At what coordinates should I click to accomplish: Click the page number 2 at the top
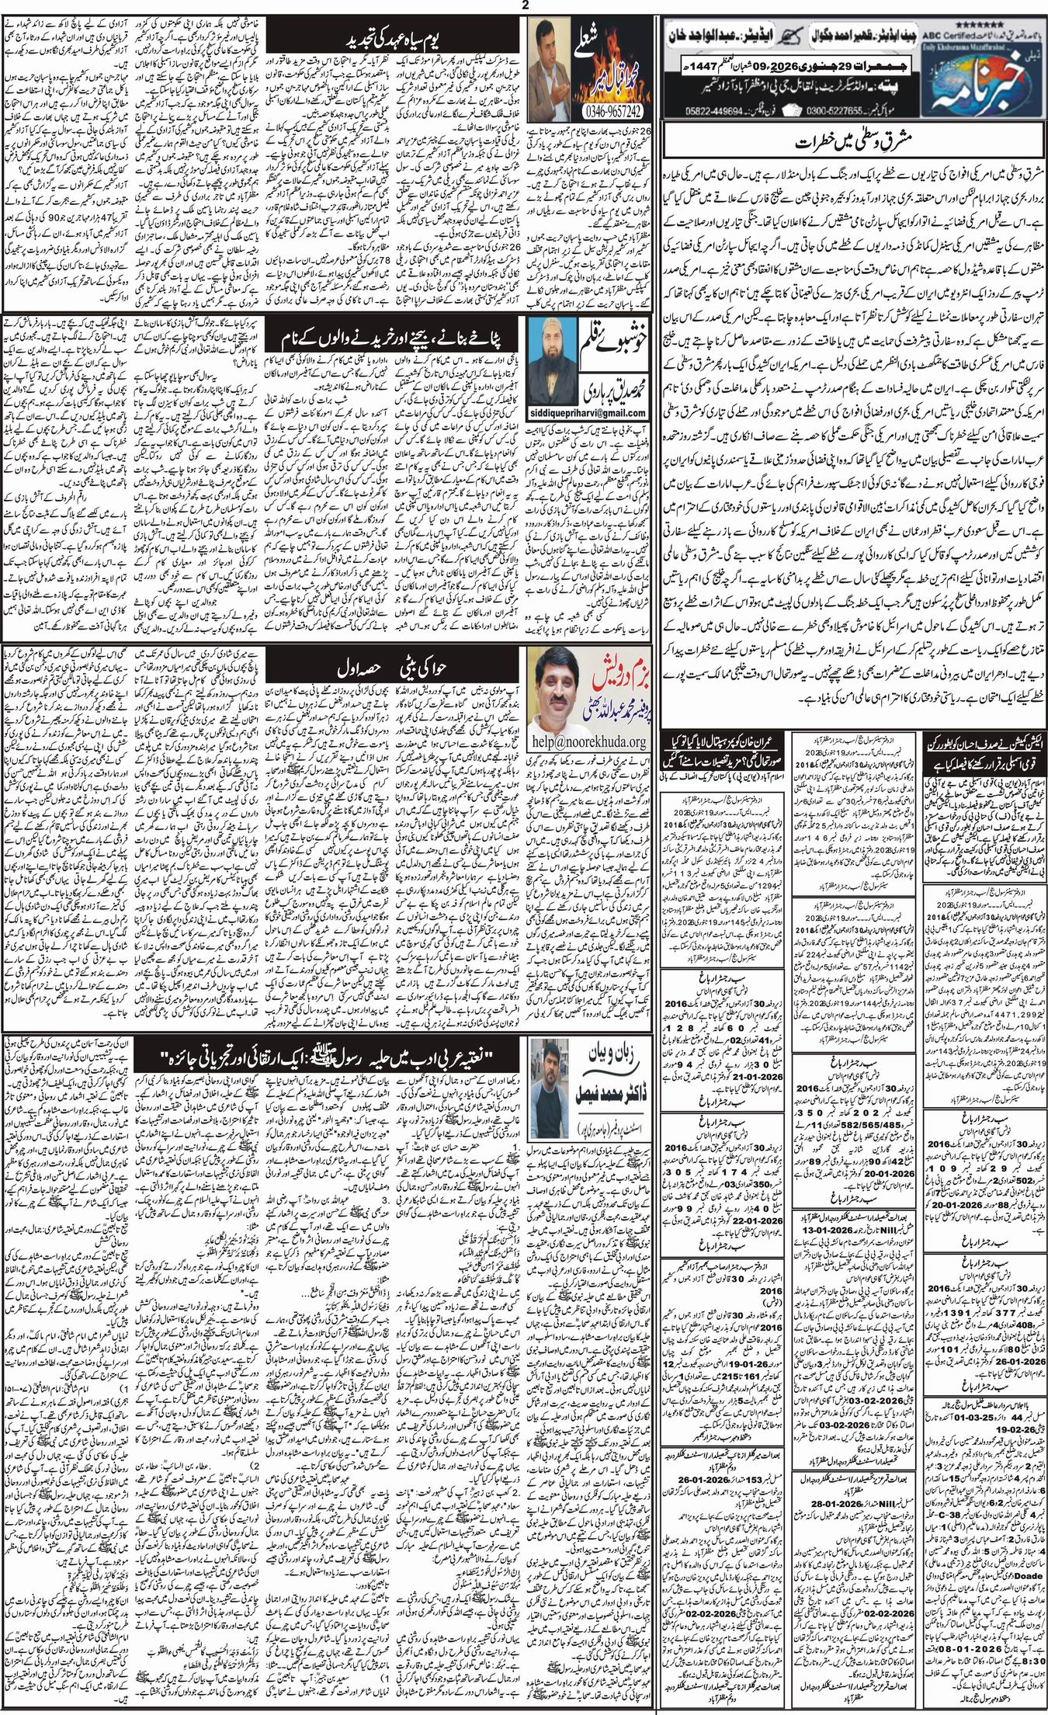(x=525, y=6)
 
